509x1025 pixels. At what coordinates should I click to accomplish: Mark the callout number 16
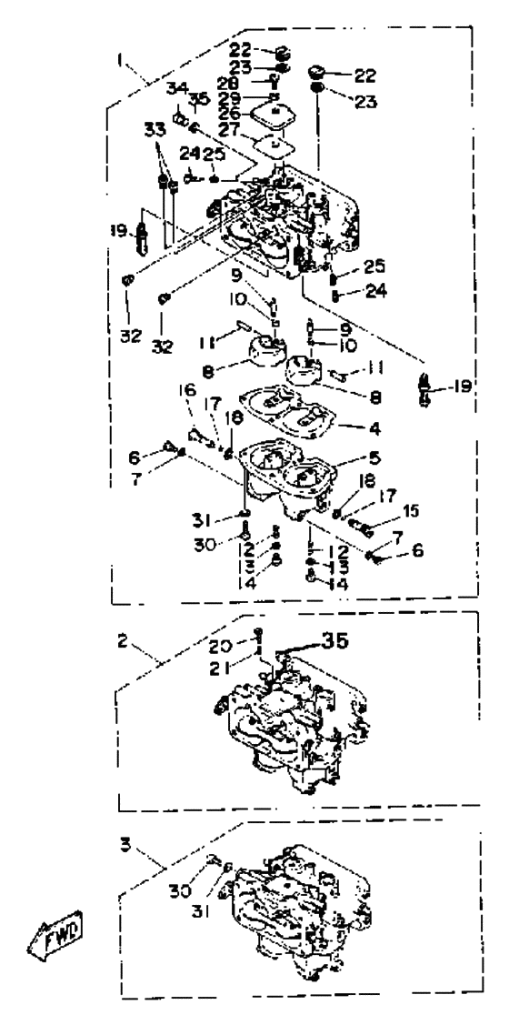(x=188, y=390)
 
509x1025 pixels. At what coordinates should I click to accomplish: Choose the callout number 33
(x=155, y=129)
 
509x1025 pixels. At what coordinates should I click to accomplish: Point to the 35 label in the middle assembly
(x=334, y=640)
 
